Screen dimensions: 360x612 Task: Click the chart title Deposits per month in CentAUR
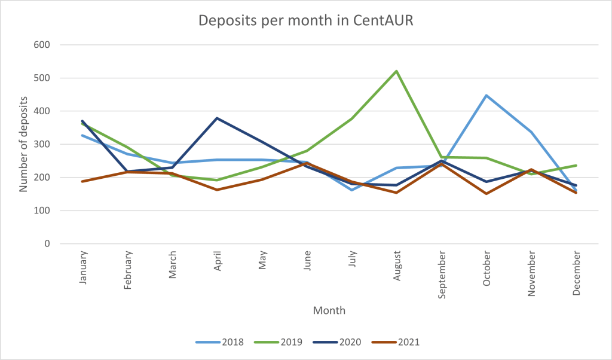click(x=306, y=20)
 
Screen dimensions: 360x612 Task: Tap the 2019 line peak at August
click(x=396, y=71)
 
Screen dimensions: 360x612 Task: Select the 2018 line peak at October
click(x=486, y=96)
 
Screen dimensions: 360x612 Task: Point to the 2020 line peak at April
click(x=217, y=118)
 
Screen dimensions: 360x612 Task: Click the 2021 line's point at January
click(x=82, y=181)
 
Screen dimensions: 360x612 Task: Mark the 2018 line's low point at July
click(x=351, y=190)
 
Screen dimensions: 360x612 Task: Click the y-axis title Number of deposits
click(x=23, y=144)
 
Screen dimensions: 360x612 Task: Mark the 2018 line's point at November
click(x=531, y=132)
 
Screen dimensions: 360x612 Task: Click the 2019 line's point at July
click(x=351, y=118)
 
